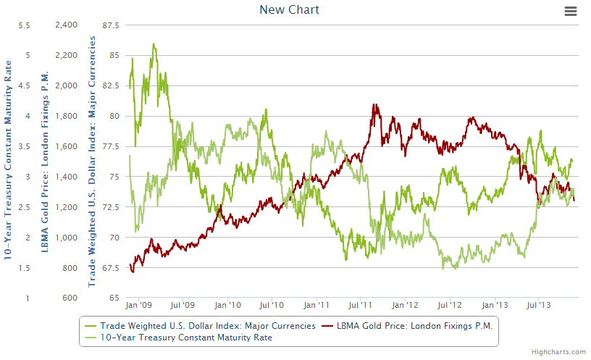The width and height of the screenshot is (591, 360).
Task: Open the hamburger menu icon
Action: coord(571,11)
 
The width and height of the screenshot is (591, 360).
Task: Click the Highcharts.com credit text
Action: coord(558,352)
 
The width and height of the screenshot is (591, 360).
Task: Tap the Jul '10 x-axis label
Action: coord(272,306)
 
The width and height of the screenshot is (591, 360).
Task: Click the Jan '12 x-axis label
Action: coord(406,306)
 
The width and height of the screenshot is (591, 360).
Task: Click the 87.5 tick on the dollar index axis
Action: coord(110,25)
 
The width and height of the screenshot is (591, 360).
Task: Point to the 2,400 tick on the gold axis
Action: coord(66,25)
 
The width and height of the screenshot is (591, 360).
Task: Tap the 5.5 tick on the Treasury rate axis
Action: coord(24,25)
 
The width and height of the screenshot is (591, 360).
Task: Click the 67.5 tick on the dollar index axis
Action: coord(110,268)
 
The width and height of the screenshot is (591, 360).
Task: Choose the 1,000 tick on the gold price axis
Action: coord(66,238)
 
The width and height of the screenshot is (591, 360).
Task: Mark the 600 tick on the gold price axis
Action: coord(70,298)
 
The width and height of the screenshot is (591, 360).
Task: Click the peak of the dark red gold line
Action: coord(374,105)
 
